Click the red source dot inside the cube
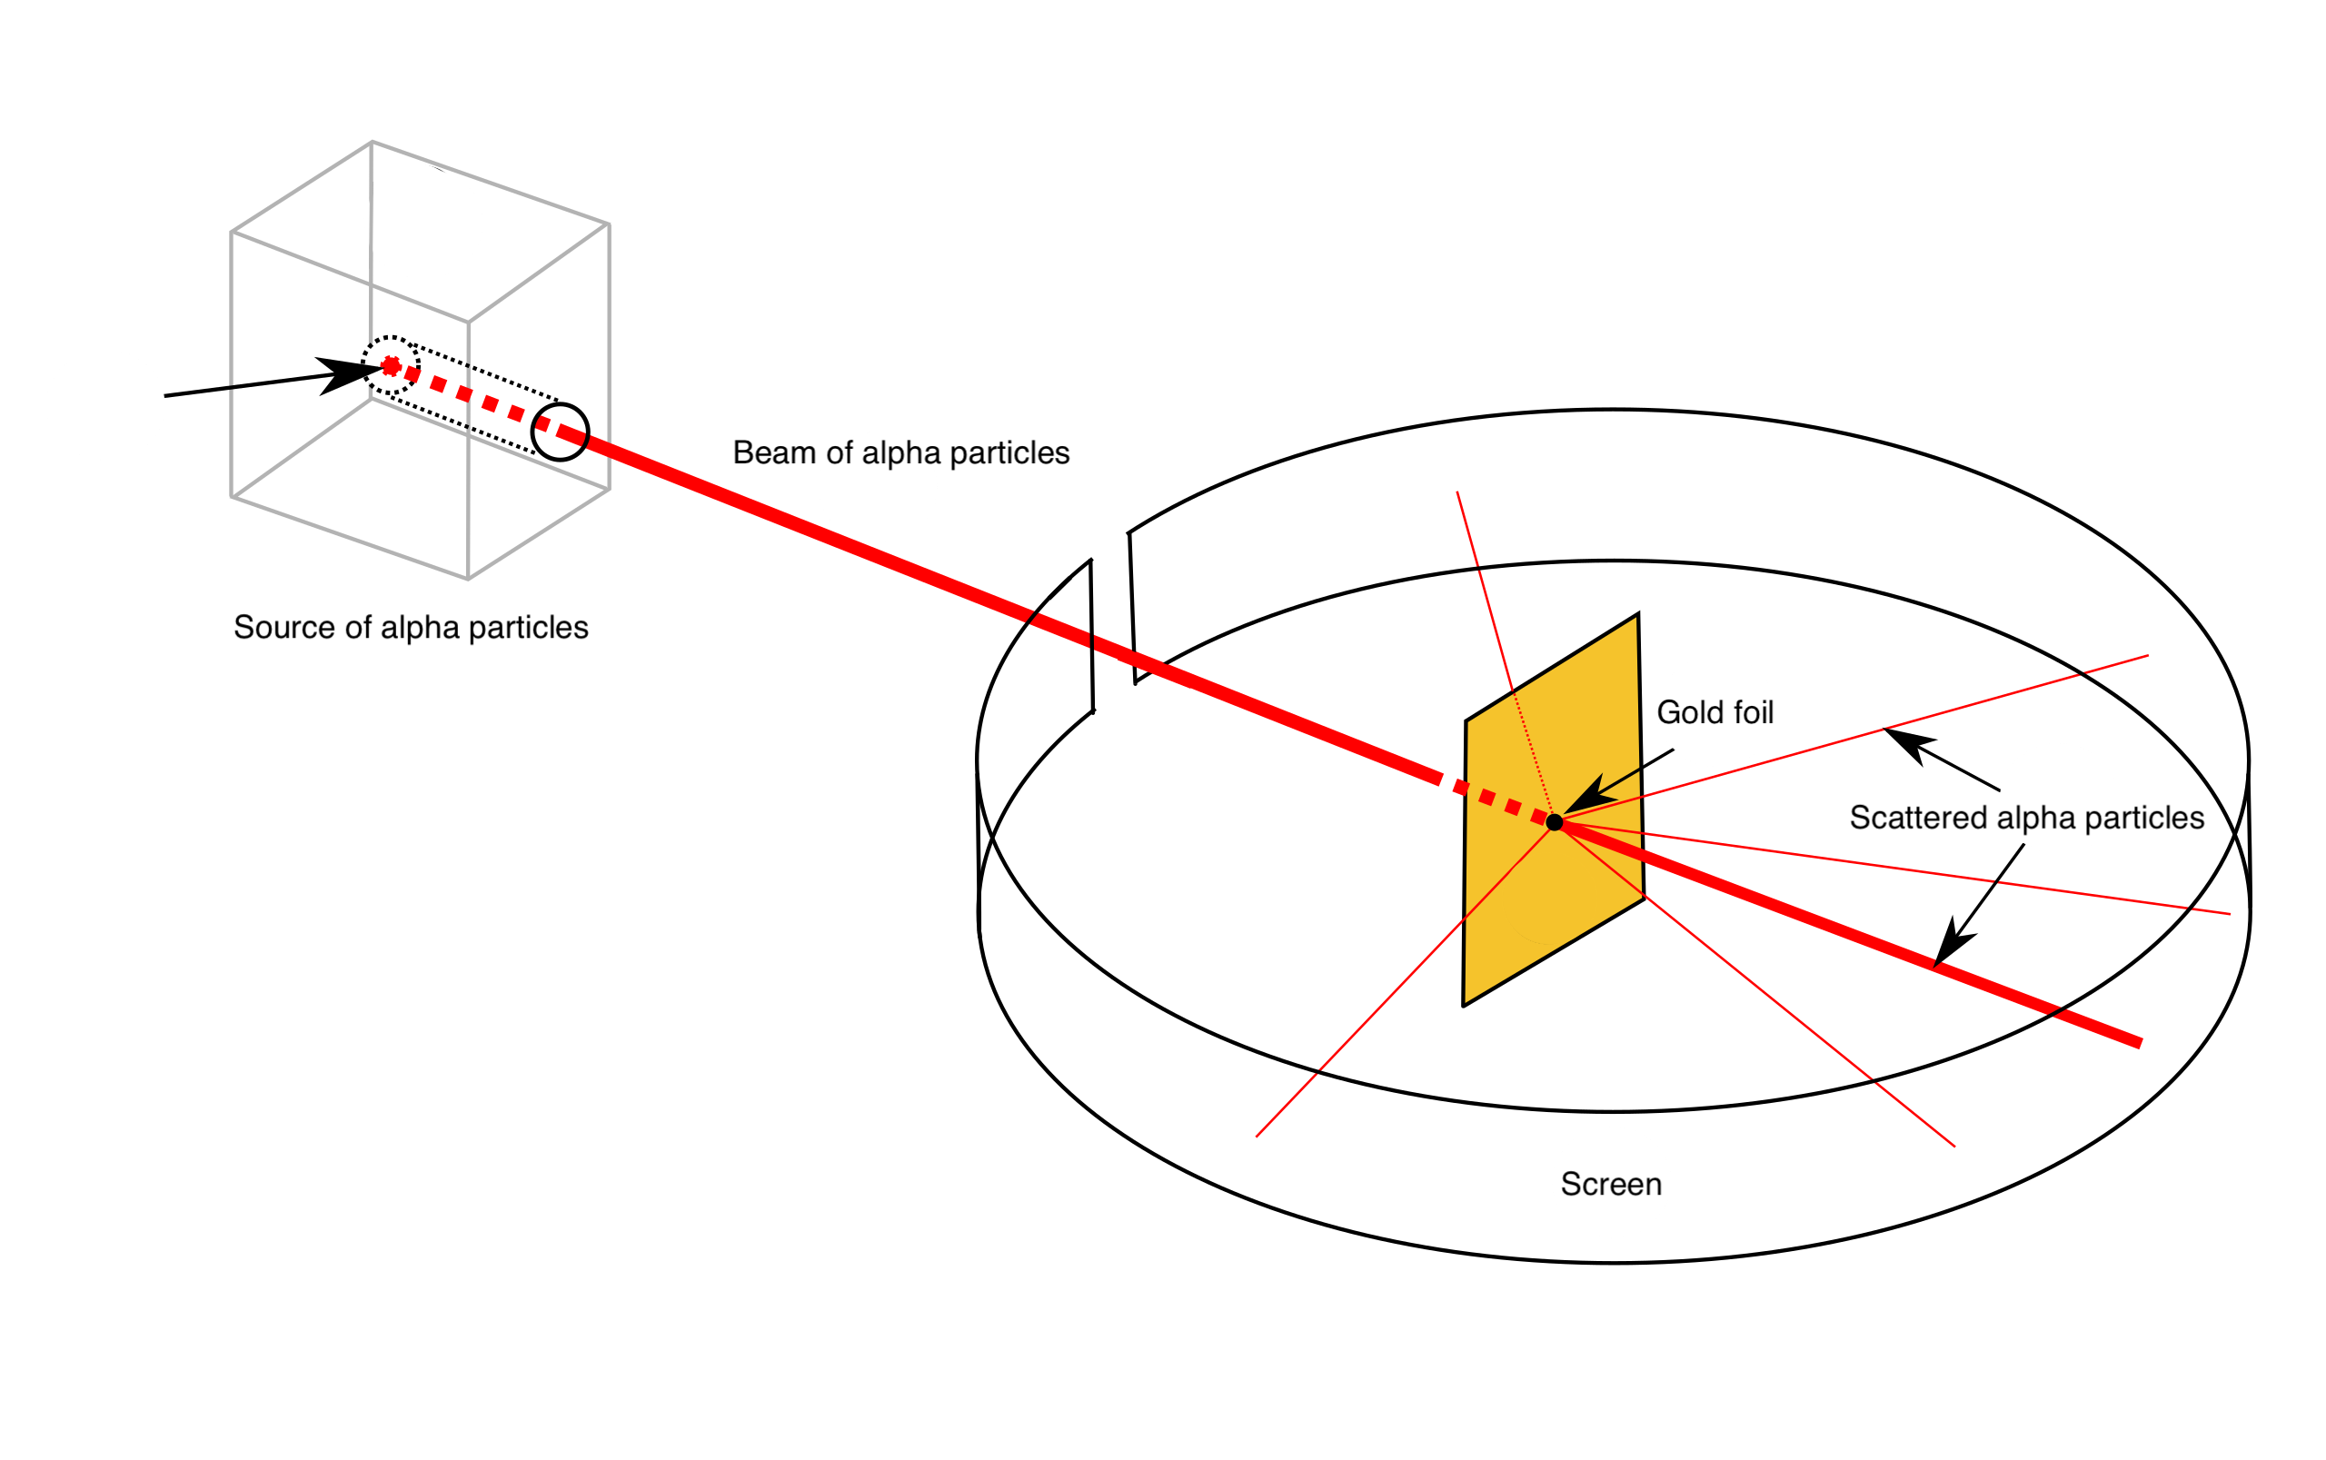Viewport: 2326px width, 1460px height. (x=391, y=365)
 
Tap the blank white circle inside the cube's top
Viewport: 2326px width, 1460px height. (x=422, y=221)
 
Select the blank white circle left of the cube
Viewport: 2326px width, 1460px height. (x=105, y=404)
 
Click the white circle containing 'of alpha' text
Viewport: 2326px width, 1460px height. (x=878, y=487)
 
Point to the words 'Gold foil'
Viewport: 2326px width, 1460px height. (x=1715, y=712)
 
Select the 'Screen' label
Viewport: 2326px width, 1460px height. (x=1611, y=1184)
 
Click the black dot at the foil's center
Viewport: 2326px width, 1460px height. (x=1555, y=821)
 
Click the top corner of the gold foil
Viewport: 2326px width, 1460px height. (x=1635, y=619)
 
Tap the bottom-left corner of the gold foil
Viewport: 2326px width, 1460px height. (x=1466, y=1001)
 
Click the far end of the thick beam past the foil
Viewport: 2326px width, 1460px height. (x=2141, y=1043)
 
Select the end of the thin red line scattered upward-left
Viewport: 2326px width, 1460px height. (x=1457, y=492)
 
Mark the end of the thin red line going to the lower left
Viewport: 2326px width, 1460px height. (x=1257, y=1137)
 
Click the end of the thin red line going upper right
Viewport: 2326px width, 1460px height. (x=2147, y=656)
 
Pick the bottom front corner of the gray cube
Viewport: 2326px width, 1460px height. (x=468, y=579)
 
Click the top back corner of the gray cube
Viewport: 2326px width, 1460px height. (x=372, y=142)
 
